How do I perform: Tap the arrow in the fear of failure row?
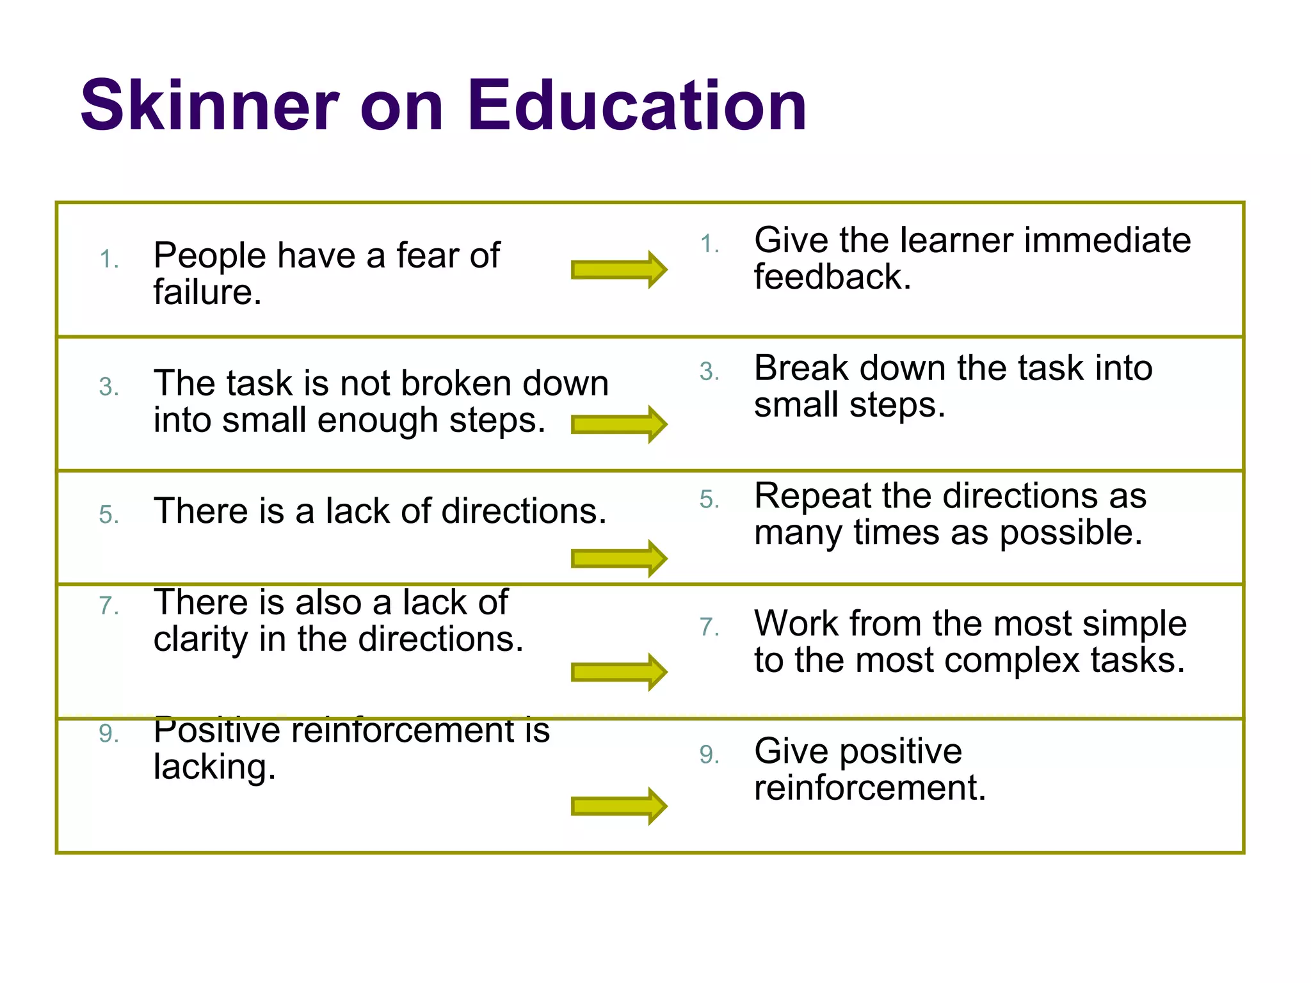pos(619,269)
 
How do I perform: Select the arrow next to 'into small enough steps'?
pos(619,424)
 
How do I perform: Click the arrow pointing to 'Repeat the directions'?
pos(619,558)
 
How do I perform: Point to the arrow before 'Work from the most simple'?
pos(619,672)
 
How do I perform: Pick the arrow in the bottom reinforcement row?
pos(619,806)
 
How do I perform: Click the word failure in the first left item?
pos(207,292)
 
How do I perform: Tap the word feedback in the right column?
pos(832,277)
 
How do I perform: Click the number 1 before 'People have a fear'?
pos(108,259)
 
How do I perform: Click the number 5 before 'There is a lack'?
pos(108,515)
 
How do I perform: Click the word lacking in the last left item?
pos(214,767)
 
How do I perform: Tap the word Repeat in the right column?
pos(812,497)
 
